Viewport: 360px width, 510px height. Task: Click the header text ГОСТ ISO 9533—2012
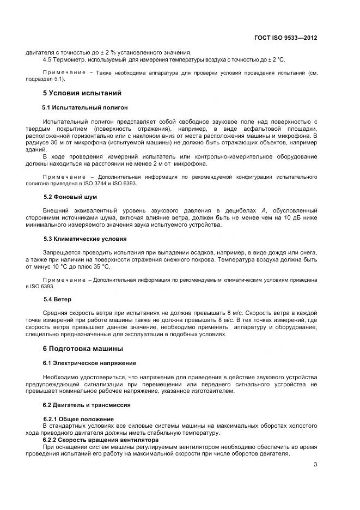click(285, 38)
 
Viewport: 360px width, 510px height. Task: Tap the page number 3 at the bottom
click(315, 464)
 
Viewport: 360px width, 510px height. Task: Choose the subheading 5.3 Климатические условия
click(85, 239)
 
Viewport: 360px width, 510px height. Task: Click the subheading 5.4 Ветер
click(57, 299)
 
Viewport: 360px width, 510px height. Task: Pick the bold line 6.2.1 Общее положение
click(78, 419)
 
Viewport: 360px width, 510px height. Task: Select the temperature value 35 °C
click(100, 267)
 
